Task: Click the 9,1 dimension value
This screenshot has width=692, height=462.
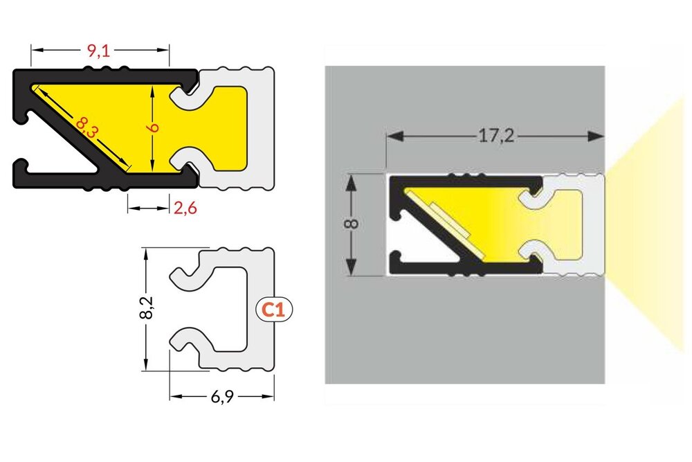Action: point(100,50)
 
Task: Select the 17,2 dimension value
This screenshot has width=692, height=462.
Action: point(495,136)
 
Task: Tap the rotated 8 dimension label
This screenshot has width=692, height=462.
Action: point(351,225)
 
